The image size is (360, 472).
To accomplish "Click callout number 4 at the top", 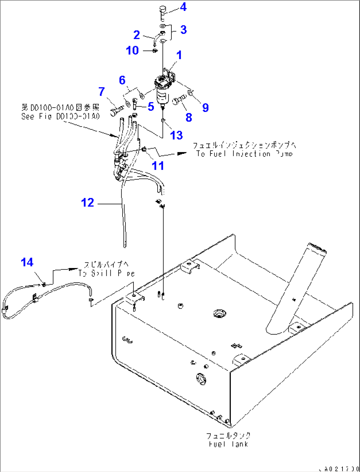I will coord(183,7).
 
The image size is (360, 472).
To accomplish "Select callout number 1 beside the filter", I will coord(179,55).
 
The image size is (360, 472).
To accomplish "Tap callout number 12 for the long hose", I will coord(88,203).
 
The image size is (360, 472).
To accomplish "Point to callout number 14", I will coord(27,262).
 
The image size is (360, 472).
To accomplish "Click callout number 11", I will coord(158,166).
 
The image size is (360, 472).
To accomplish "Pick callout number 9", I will coord(205,108).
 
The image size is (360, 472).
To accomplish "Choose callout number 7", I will coord(101,91).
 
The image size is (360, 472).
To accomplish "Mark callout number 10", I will coord(132,51).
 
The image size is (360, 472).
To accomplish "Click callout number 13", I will coord(176,135).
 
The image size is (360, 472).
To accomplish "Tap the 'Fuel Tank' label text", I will coord(228,440).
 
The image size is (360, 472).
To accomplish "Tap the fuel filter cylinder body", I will coord(162,96).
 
